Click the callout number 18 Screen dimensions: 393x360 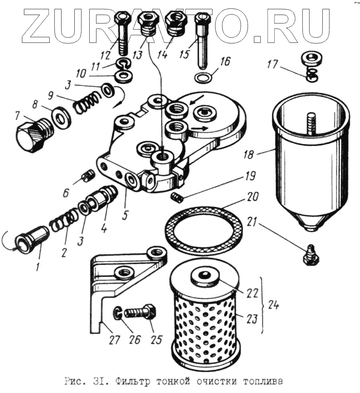[x=249, y=155]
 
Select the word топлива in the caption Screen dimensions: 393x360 [x=262, y=382]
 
